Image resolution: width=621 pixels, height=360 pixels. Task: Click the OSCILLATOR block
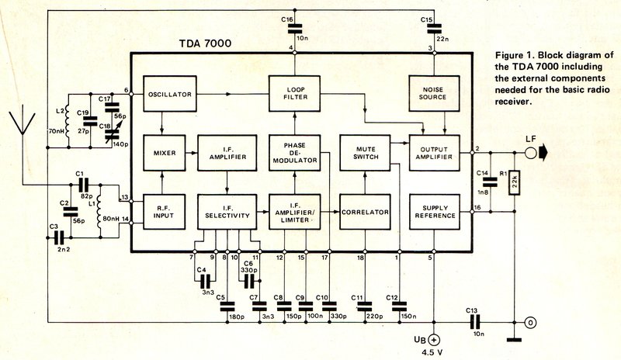point(169,93)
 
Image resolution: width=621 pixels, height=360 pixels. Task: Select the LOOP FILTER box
point(295,93)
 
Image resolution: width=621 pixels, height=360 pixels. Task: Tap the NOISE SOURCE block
point(434,93)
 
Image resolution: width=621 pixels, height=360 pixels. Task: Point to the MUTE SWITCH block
point(365,153)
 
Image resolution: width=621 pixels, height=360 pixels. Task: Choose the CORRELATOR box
point(365,212)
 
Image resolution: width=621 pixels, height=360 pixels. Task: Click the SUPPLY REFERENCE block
point(435,212)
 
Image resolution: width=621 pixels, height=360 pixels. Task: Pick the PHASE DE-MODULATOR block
point(295,153)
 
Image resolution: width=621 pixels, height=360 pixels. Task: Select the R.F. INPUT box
point(164,212)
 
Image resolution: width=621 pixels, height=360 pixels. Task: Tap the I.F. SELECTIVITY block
point(227,212)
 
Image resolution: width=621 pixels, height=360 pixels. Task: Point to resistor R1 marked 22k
point(514,182)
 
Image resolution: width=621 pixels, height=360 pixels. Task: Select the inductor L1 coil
point(99,211)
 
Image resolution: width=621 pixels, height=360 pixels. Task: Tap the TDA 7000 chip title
point(205,43)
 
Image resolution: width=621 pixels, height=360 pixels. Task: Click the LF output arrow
point(542,153)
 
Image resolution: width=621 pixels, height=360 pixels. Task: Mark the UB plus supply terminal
point(435,340)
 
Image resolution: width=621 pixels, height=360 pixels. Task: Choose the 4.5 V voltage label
point(434,352)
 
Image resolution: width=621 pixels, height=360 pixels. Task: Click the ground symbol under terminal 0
point(514,339)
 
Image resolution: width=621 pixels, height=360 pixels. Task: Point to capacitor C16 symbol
point(294,29)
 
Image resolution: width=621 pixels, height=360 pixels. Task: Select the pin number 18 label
point(360,258)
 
